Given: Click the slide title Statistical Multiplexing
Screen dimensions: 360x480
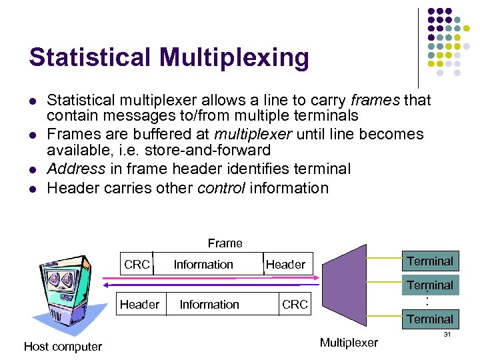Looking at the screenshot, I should pos(169,58).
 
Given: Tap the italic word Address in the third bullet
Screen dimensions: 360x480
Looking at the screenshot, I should pos(76,169).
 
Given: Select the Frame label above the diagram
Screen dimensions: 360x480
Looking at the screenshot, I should pos(225,243).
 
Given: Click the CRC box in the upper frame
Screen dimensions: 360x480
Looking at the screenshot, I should pos(137,265).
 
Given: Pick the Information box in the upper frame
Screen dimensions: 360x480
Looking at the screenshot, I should pos(203,265).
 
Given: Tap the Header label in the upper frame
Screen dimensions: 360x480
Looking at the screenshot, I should pos(285,265).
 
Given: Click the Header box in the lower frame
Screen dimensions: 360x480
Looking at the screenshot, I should pos(139,305).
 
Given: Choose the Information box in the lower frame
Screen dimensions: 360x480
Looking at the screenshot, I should pos(209,305).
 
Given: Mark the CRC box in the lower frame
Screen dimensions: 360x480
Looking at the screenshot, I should pos(295,305).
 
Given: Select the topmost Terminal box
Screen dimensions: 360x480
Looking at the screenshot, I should pos(430,261).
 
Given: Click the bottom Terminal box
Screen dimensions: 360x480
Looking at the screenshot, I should pos(430,319).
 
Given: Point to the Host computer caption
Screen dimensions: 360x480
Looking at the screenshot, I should pos(63,346).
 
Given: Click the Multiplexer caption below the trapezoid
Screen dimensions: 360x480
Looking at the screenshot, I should pos(349,343).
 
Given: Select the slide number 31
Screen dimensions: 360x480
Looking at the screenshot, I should pos(447,334).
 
